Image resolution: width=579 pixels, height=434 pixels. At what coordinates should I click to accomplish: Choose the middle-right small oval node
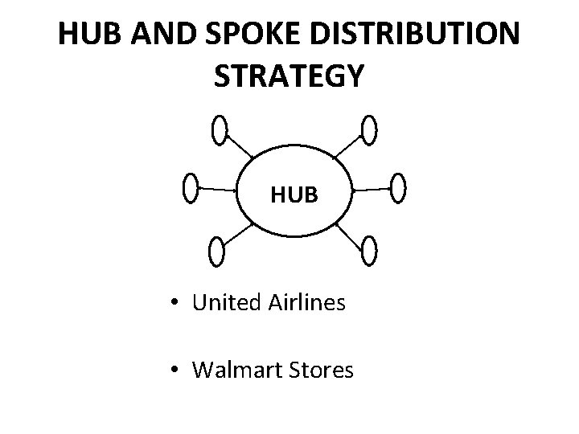(398, 188)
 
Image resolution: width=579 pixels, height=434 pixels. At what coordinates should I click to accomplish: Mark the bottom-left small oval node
(216, 252)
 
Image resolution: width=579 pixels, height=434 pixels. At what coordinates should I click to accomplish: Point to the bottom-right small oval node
(369, 251)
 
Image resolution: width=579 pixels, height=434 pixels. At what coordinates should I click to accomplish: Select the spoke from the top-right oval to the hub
(347, 145)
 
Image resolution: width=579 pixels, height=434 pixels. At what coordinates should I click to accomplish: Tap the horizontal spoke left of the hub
(215, 190)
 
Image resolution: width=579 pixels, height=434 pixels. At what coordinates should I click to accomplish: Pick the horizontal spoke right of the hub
(371, 190)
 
